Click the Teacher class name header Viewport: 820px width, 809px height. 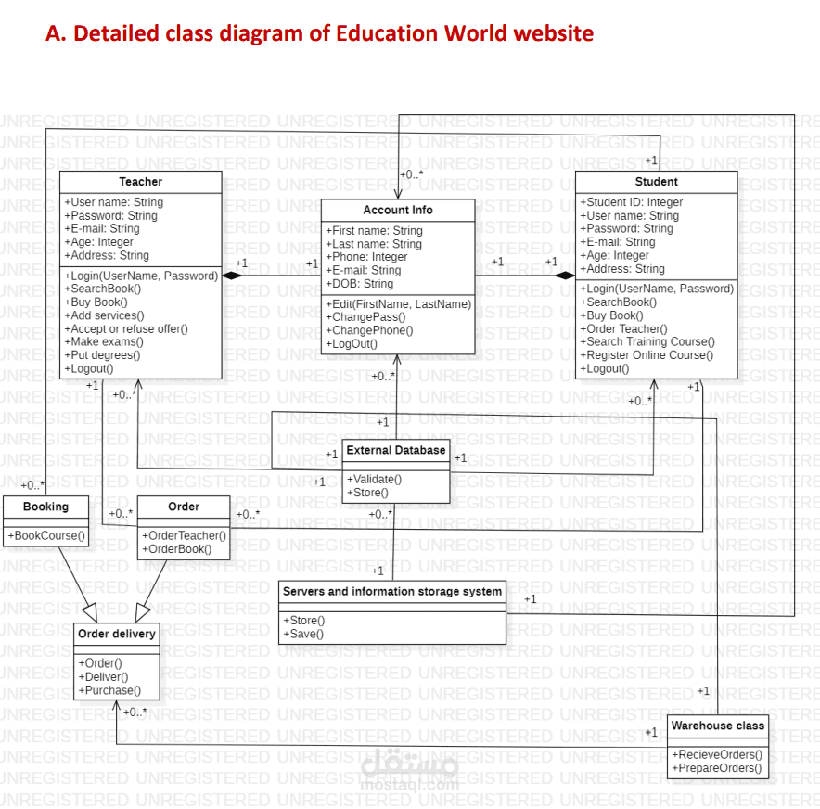point(140,182)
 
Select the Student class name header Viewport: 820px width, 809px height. point(656,182)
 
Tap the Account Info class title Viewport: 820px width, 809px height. point(397,210)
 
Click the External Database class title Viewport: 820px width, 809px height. point(396,451)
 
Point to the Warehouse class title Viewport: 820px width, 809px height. point(717,726)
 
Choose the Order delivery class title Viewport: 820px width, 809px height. point(117,634)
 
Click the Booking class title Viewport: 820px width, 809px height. point(45,507)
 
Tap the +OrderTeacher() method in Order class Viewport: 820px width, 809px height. point(184,535)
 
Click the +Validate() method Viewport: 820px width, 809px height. point(374,479)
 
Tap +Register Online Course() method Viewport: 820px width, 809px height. point(647,354)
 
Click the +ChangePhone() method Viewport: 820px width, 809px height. point(370,330)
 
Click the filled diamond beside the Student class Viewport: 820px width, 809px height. point(565,276)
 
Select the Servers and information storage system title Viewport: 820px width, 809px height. point(392,591)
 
